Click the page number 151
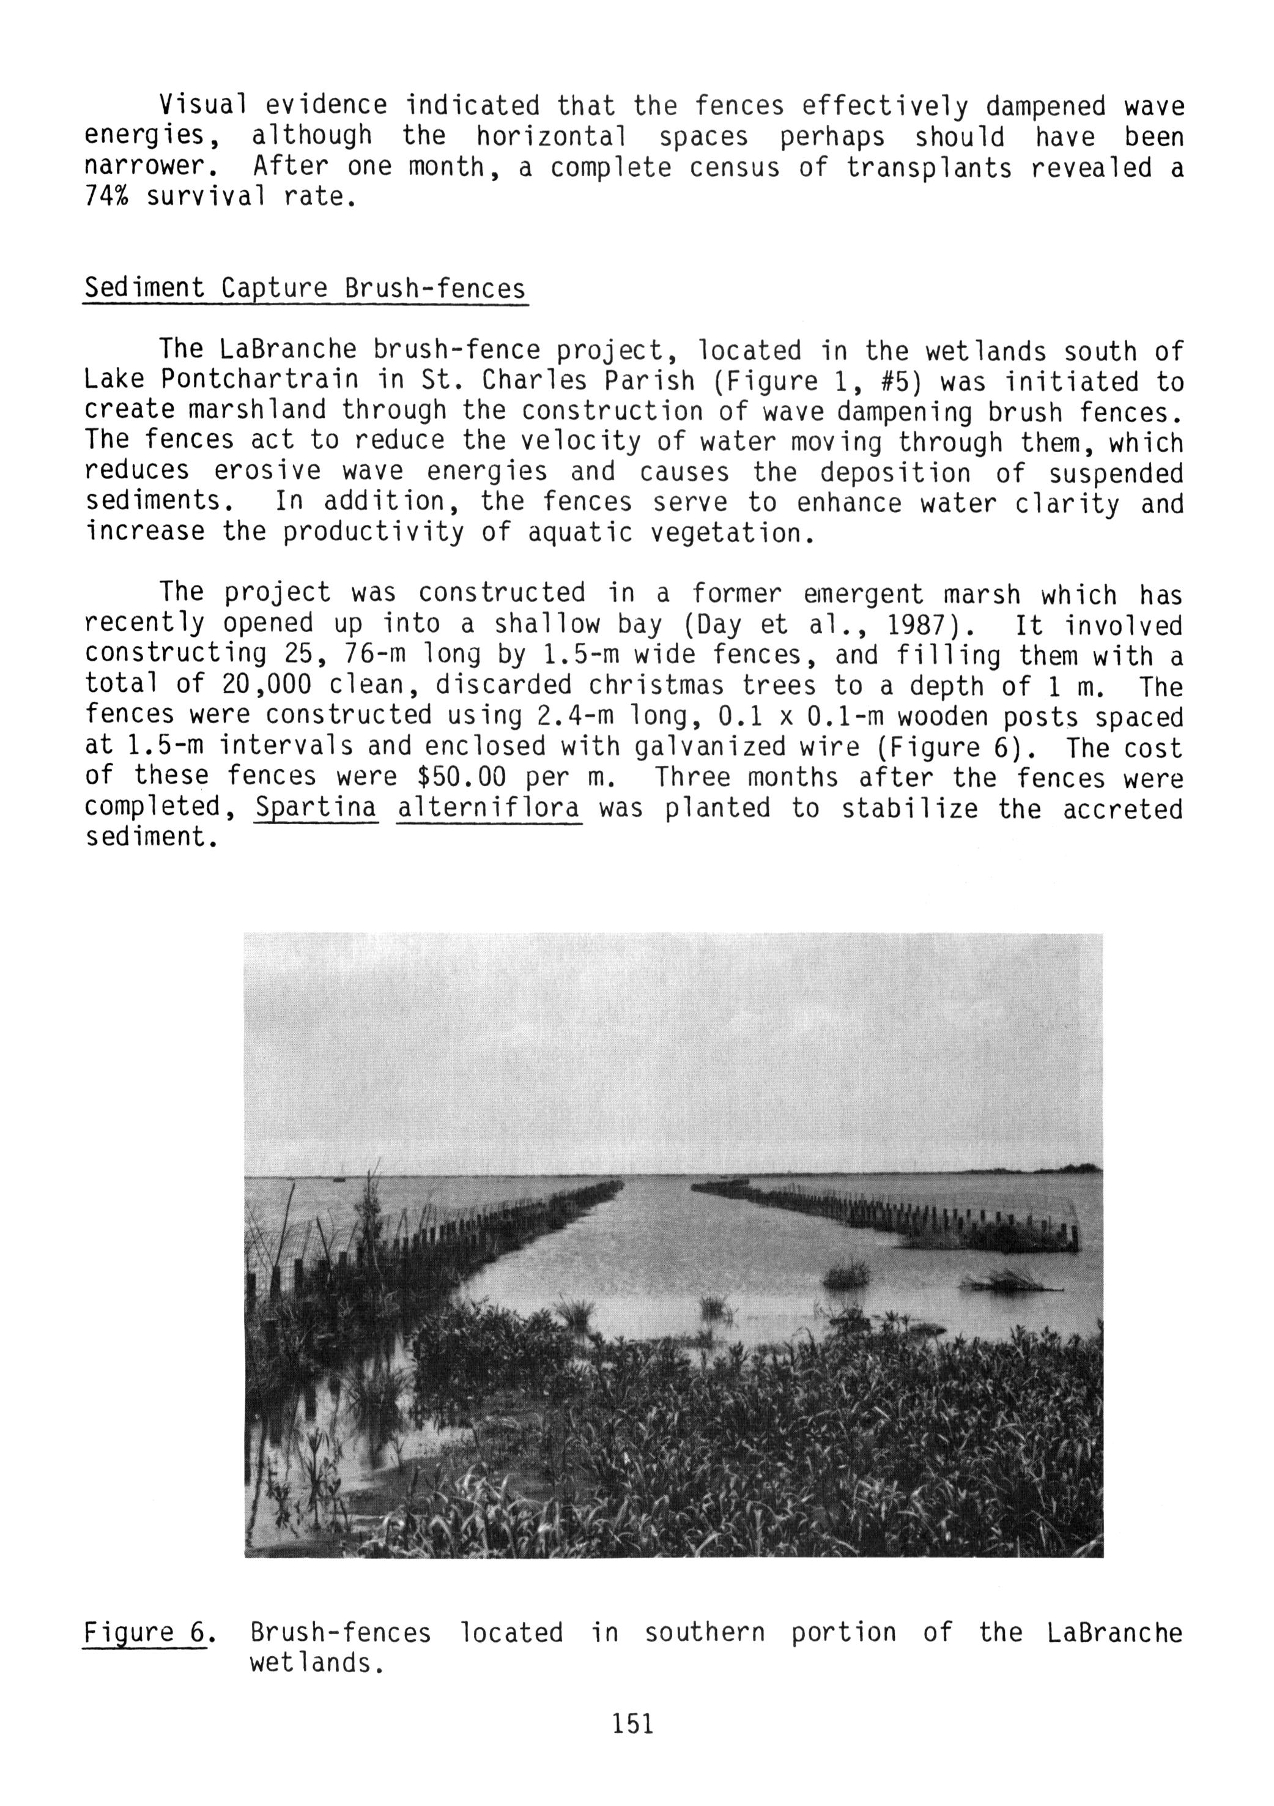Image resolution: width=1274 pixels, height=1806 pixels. [632, 1723]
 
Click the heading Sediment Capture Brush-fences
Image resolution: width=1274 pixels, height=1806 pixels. [305, 289]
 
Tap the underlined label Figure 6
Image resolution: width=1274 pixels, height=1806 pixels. [144, 1632]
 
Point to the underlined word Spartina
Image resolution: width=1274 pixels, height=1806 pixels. [316, 808]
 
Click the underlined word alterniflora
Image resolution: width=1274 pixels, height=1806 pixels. [489, 808]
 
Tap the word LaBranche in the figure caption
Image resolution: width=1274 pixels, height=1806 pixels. [1114, 1632]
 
